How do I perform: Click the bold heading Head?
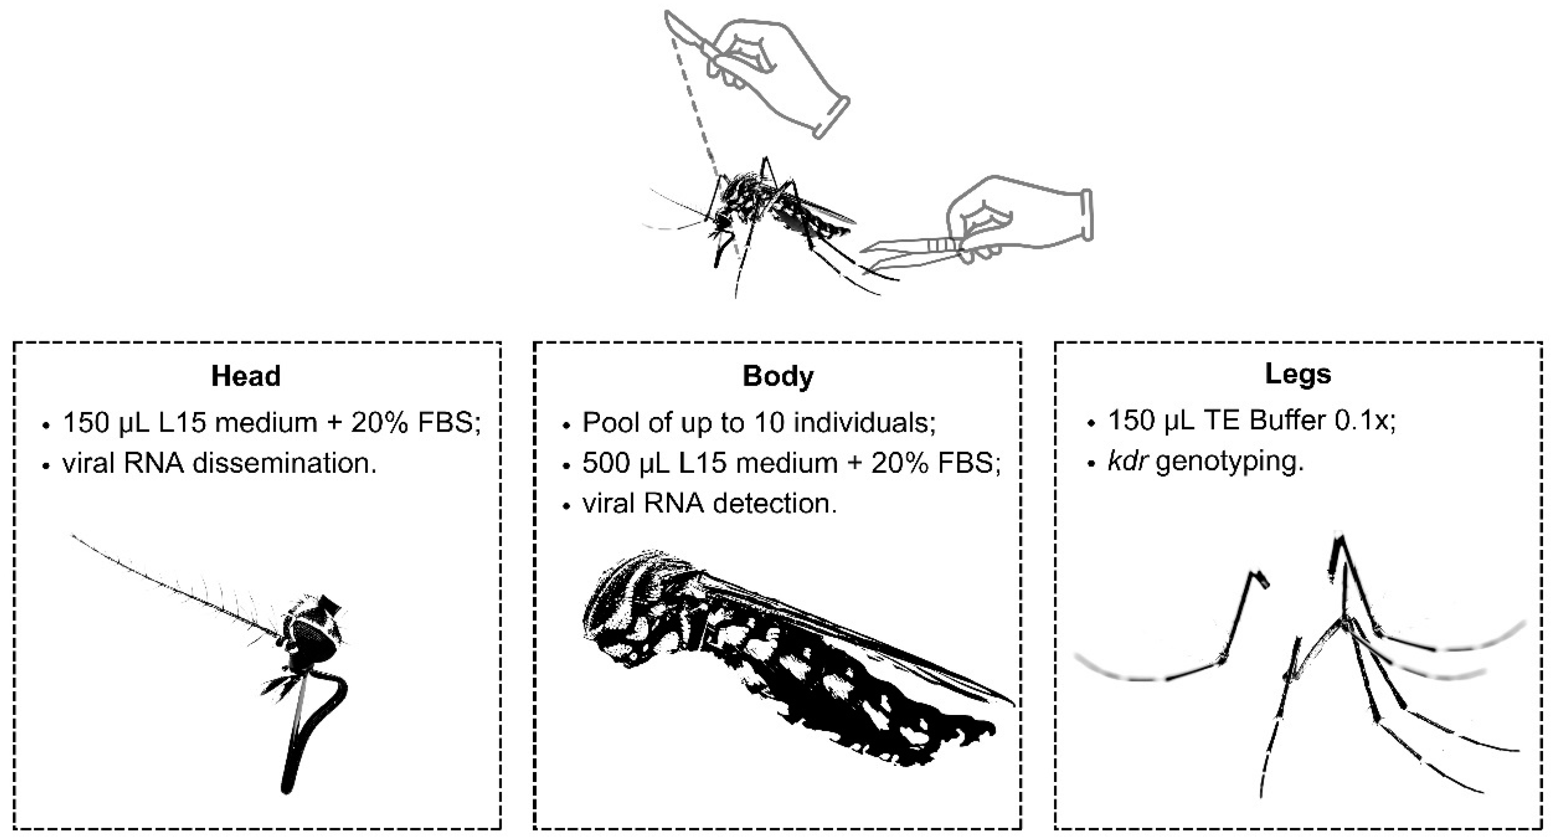[246, 376]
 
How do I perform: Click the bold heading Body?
[778, 376]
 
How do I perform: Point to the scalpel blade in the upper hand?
[683, 27]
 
